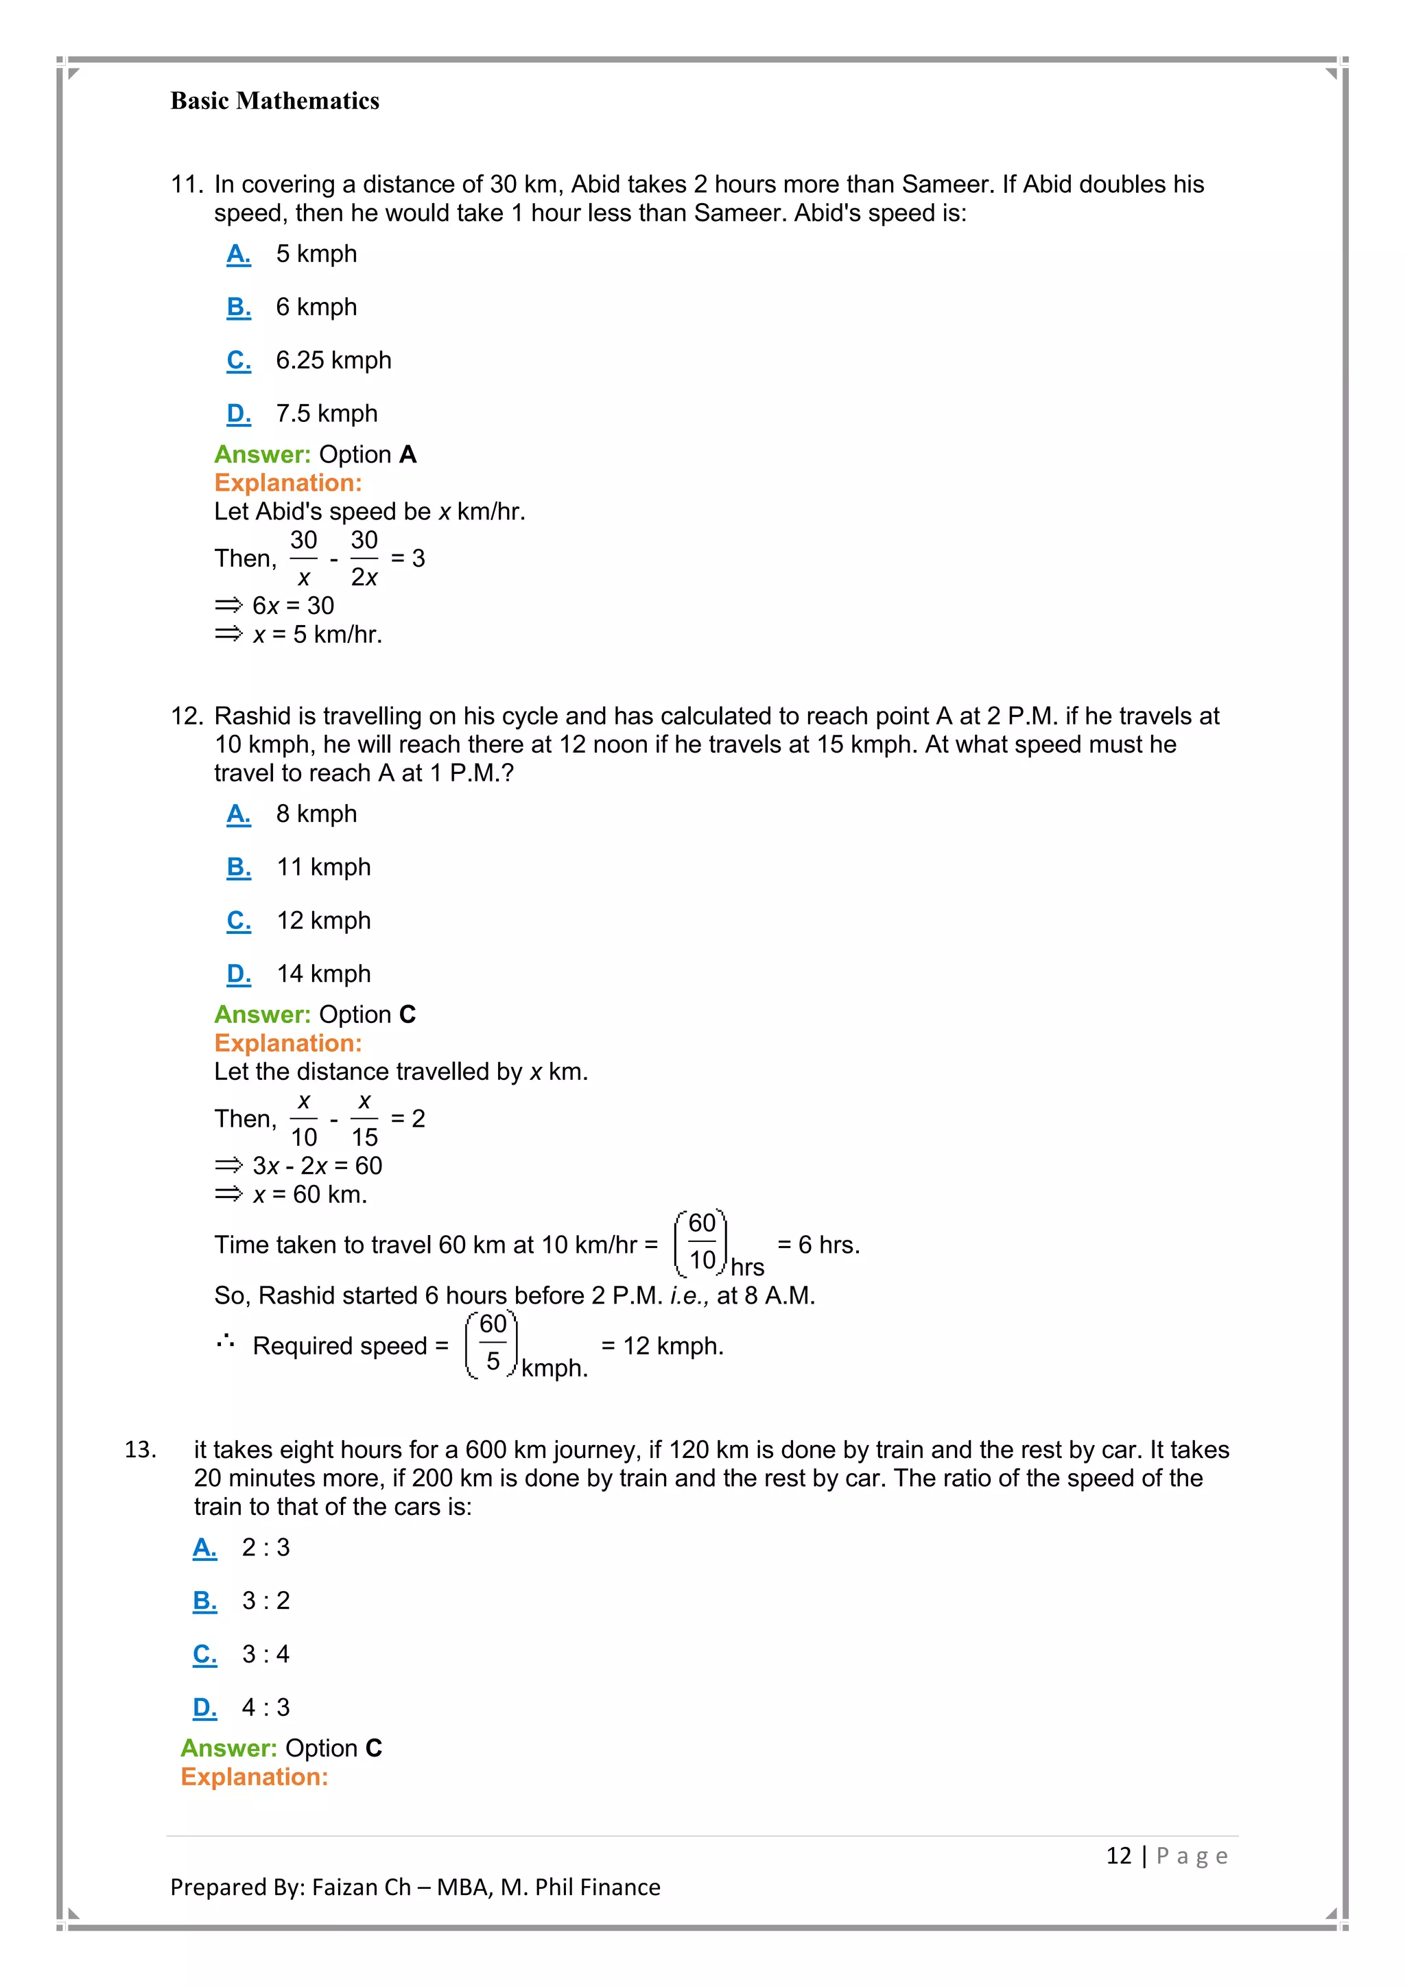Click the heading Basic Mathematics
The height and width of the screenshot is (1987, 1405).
[274, 102]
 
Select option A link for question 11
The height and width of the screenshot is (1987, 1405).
[238, 255]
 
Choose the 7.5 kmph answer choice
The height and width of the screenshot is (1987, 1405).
[326, 414]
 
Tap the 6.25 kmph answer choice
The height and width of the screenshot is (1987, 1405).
[333, 360]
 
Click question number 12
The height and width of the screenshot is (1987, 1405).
[186, 716]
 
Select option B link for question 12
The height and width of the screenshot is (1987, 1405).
[238, 867]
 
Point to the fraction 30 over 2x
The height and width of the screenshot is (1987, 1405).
[364, 559]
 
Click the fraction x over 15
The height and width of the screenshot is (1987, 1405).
[364, 1119]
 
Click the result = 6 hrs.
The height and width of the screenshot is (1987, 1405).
[818, 1245]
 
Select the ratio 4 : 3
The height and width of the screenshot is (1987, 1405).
[265, 1708]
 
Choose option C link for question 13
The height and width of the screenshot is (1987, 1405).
[204, 1655]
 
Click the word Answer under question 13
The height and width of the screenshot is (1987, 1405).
[228, 1748]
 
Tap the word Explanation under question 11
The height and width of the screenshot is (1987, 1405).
[288, 483]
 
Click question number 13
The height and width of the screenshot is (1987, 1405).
[140, 1450]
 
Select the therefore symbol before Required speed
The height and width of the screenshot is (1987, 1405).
[226, 1343]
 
